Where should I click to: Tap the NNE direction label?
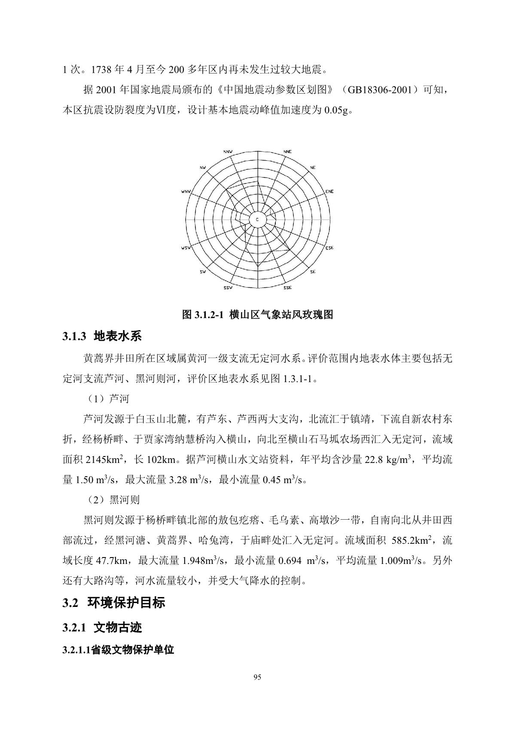coord(287,152)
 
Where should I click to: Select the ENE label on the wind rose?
coord(329,191)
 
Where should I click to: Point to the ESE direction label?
coord(329,248)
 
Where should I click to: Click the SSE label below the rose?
coord(287,288)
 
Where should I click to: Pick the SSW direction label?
coord(228,288)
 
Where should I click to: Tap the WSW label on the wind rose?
coord(186,248)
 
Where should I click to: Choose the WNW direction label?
coord(186,191)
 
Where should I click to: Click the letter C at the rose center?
coord(257,220)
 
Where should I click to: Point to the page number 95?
coord(257,678)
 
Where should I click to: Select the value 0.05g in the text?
coord(338,110)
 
